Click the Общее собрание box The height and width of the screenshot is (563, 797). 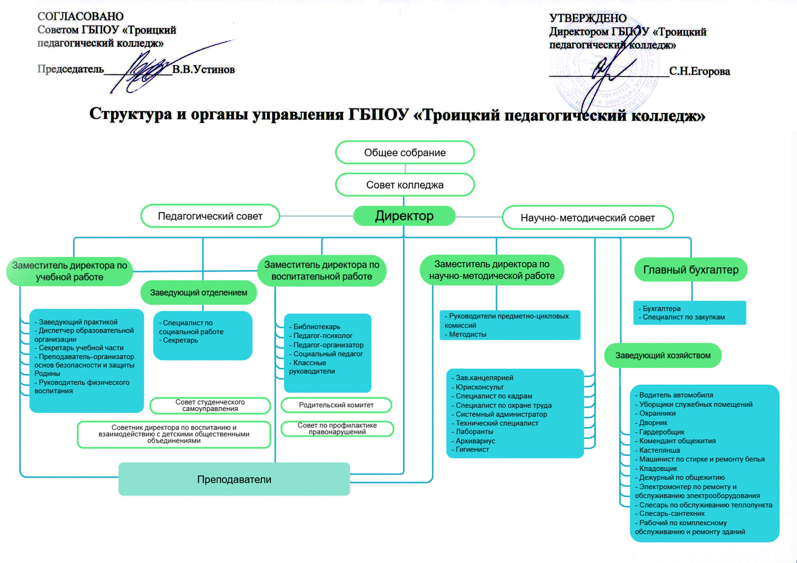click(405, 152)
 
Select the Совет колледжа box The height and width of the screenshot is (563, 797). click(405, 185)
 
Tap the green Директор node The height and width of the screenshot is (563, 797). click(404, 216)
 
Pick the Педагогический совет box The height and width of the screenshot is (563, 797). click(210, 216)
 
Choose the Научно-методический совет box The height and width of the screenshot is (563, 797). click(588, 218)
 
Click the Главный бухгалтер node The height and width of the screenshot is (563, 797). click(691, 270)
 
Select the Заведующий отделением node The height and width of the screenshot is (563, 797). click(199, 292)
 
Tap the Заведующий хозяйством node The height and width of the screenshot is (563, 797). click(663, 355)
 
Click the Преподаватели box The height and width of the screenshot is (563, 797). click(234, 479)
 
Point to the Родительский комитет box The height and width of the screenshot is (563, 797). click(336, 405)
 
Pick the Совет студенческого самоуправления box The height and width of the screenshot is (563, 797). click(210, 405)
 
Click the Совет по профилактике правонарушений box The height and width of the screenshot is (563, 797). click(337, 429)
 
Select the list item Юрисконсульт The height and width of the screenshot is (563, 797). click(478, 387)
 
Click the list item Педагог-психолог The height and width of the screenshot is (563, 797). click(320, 336)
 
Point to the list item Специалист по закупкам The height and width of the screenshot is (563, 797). click(682, 317)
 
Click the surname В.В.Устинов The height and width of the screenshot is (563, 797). click(204, 69)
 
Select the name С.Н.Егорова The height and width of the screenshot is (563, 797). click(700, 71)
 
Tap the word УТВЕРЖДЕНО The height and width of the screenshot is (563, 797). click(588, 18)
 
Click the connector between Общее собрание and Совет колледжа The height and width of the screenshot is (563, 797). click(405, 169)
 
